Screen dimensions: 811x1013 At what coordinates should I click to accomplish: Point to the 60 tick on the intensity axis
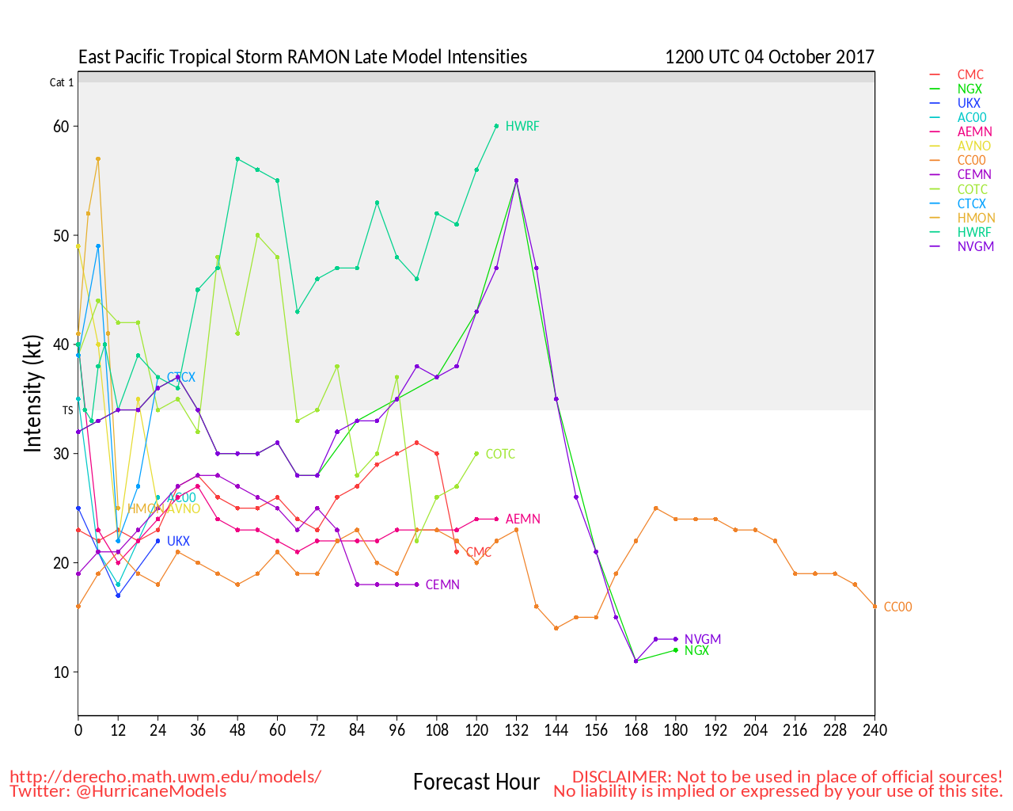tap(61, 126)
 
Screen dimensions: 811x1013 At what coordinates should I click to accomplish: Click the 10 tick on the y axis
tap(61, 672)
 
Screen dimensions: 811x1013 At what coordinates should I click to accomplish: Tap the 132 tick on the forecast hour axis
tap(516, 729)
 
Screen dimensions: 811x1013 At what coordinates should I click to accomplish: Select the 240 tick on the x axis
tap(875, 729)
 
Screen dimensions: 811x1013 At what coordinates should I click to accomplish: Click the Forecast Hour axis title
tap(476, 782)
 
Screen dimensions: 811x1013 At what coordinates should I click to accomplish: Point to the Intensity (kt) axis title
tap(32, 393)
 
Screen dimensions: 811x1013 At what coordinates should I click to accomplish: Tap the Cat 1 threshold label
tap(62, 82)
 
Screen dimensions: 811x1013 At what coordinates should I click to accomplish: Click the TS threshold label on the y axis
tap(68, 410)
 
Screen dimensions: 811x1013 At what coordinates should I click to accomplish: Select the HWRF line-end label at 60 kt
tap(522, 126)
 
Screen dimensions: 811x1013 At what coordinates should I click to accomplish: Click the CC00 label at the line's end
tap(897, 607)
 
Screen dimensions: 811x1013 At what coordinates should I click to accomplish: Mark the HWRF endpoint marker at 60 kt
tap(496, 126)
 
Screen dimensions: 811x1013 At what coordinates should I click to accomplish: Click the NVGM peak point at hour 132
tap(516, 181)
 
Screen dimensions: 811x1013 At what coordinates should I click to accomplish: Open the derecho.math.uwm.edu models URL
tap(165, 776)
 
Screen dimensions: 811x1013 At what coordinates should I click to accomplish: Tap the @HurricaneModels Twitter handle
tap(151, 790)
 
